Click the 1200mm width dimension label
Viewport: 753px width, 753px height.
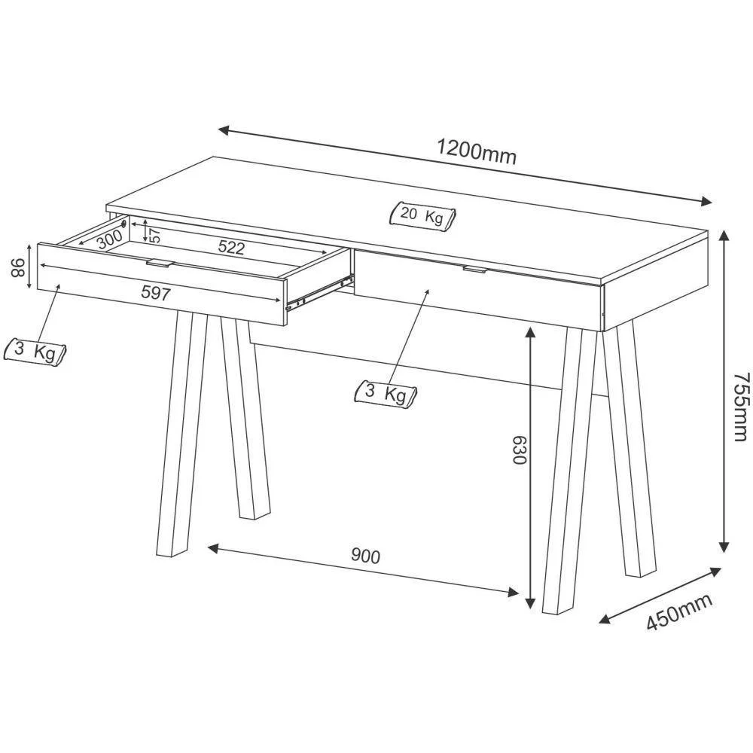477,152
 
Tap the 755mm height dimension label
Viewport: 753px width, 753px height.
741,406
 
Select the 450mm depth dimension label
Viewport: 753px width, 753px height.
679,611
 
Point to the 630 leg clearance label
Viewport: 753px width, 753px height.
519,450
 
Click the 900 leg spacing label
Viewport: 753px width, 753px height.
365,556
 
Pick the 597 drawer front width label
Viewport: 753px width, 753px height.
156,293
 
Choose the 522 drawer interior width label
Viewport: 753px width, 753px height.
231,247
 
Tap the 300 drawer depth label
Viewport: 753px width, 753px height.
110,239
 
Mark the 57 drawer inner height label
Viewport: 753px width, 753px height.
155,235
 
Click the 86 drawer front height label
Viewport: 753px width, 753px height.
18,268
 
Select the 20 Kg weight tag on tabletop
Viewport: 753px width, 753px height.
422,215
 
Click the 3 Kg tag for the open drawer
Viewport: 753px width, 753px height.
35,352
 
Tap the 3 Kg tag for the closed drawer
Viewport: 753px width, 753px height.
386,394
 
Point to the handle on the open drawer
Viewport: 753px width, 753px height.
159,263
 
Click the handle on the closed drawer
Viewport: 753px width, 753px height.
475,270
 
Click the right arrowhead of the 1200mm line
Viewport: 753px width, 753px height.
706,201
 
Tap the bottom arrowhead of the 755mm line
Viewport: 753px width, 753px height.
724,547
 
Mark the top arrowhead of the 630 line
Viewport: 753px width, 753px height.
530,333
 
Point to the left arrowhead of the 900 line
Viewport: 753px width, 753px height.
213,548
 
